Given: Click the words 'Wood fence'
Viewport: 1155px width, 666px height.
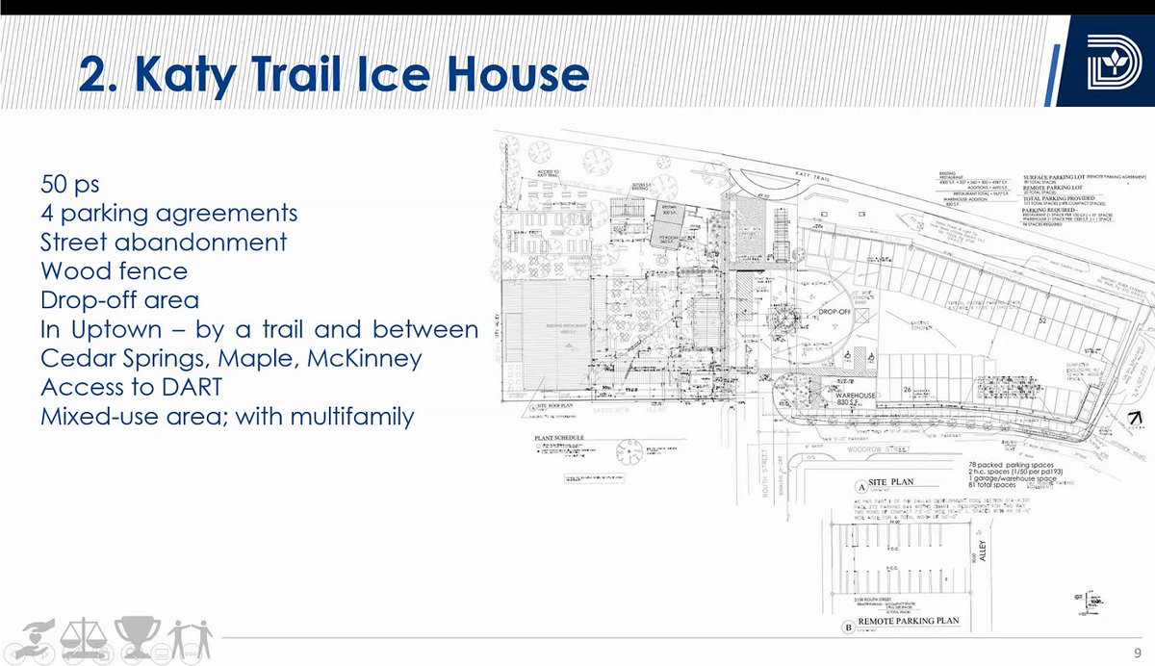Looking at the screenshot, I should point(114,270).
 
